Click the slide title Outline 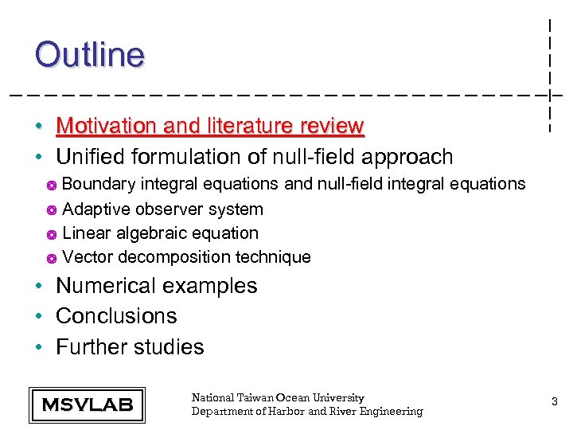(x=90, y=55)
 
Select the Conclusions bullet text (x=116, y=316)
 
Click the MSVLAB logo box (x=87, y=405)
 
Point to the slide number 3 (x=555, y=403)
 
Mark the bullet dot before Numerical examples (x=38, y=287)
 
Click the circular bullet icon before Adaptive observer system (x=50, y=210)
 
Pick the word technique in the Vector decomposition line (x=271, y=257)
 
